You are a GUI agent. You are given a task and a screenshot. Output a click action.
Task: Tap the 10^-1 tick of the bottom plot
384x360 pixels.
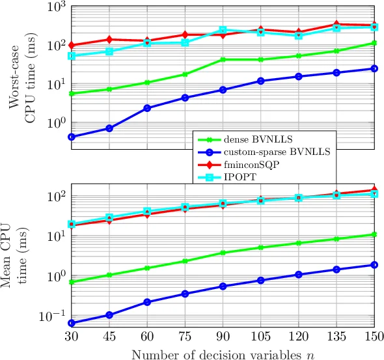pos(54,316)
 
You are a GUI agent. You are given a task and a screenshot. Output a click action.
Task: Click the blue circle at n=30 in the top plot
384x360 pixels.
pos(71,137)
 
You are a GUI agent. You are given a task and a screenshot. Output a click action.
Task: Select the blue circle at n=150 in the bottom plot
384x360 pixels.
pos(374,265)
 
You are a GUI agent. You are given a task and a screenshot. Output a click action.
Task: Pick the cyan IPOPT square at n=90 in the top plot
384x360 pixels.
pos(223,30)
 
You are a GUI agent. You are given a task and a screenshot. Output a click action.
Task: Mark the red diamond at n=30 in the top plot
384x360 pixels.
pos(71,46)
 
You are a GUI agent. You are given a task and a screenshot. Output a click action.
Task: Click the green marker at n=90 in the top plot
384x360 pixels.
pos(223,60)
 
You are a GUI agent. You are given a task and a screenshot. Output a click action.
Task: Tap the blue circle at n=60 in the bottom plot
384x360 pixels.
pos(147,302)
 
